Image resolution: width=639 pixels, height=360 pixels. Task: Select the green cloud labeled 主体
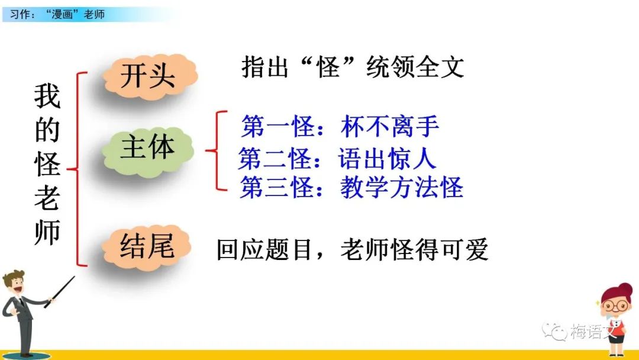(x=147, y=151)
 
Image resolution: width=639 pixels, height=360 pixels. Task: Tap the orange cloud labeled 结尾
(x=147, y=247)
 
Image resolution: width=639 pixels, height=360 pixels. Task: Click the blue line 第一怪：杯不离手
(x=340, y=126)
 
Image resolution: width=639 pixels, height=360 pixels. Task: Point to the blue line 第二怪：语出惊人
(x=337, y=158)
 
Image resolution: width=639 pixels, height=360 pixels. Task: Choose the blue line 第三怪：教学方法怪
(x=351, y=188)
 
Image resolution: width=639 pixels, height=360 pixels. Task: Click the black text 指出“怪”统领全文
(x=353, y=67)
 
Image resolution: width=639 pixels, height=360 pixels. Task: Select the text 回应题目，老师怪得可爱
(x=353, y=249)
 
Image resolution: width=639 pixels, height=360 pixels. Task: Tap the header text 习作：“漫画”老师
(x=57, y=14)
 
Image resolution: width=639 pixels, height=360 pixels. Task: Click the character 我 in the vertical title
(x=47, y=97)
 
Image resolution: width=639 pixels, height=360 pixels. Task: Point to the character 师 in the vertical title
(x=47, y=232)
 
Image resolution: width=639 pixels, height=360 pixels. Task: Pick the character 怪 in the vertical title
(x=47, y=164)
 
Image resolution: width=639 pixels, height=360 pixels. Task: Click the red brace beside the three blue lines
(x=216, y=151)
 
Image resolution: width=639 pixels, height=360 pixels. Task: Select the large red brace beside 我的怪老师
(x=77, y=169)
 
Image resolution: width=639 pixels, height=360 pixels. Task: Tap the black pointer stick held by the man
(x=60, y=291)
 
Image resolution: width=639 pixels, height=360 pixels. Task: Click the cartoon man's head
(x=14, y=283)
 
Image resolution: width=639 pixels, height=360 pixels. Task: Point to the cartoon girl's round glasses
(x=615, y=306)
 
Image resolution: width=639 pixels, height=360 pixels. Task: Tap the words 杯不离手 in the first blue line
(x=390, y=126)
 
